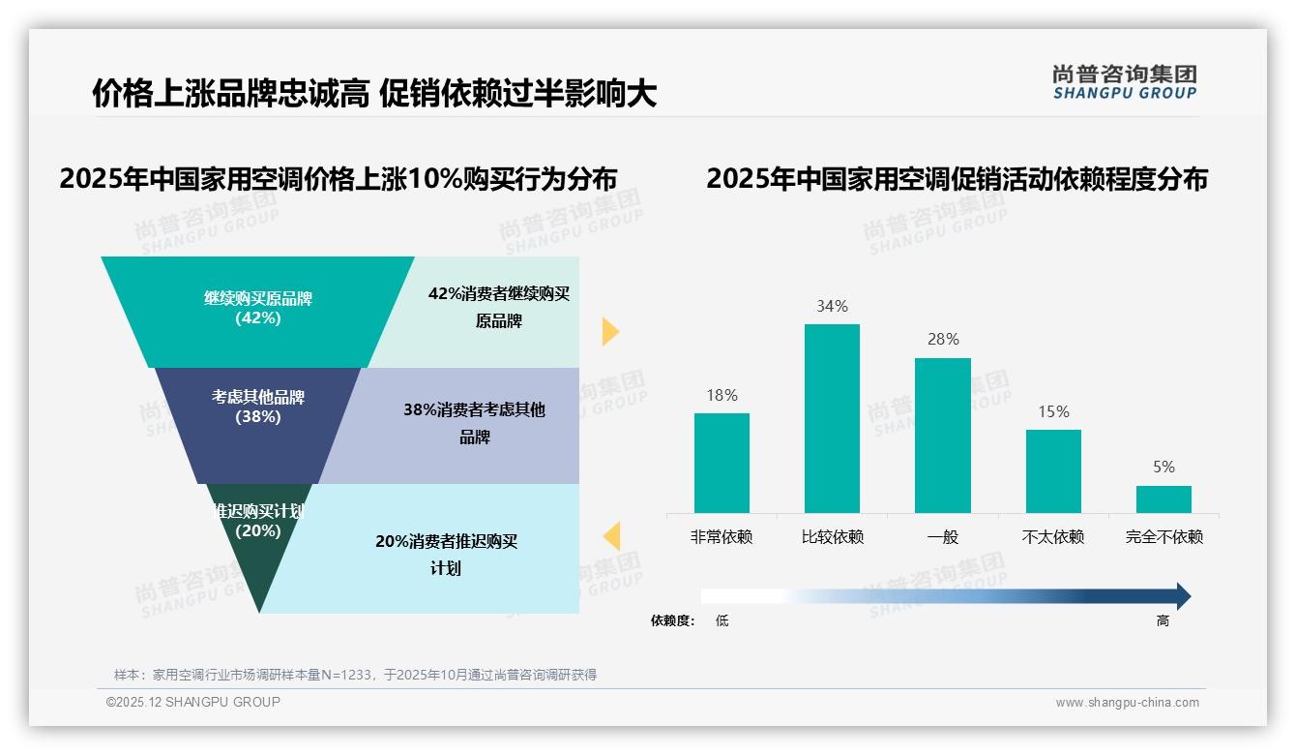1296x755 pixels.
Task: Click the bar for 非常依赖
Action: point(722,463)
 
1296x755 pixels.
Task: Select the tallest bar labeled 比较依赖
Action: point(832,418)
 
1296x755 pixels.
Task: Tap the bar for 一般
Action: point(942,435)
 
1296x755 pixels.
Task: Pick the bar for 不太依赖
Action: point(1053,470)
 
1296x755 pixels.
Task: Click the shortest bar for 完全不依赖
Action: point(1163,498)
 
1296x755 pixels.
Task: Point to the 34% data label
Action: point(832,306)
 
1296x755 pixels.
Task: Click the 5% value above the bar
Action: point(1163,467)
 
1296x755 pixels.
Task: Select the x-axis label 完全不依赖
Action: point(1163,536)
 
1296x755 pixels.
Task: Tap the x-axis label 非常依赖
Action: point(722,536)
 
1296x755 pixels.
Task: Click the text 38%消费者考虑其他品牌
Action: point(474,423)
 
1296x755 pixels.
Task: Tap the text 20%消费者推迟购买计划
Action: point(446,555)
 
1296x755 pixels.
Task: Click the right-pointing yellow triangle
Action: point(609,331)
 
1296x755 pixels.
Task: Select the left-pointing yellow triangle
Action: point(611,536)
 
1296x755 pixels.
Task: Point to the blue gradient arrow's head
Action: point(1182,596)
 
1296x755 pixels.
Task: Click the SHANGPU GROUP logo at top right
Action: point(1124,81)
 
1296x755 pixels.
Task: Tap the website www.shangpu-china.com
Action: point(1127,703)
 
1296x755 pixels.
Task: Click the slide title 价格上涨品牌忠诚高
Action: point(230,93)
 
